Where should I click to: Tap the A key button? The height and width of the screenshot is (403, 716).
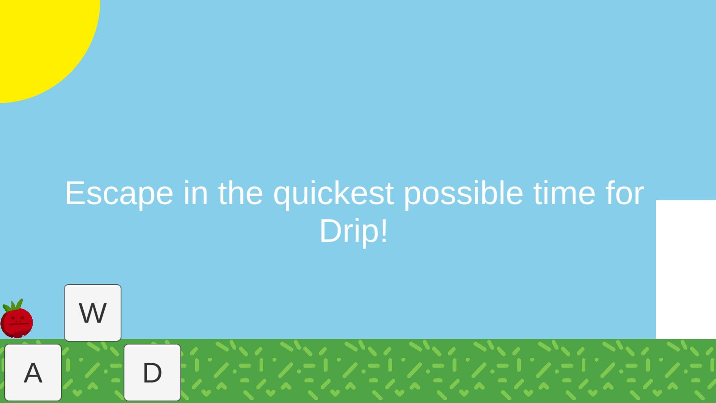coord(33,373)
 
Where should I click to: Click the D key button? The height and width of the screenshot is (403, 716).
coord(152,373)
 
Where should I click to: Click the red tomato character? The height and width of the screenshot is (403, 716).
coord(17,318)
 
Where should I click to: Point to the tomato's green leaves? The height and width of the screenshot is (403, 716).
coord(13,305)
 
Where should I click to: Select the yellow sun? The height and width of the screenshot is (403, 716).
coord(45,45)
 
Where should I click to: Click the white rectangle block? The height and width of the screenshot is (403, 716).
coord(686,269)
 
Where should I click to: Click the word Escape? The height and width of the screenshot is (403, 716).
coord(119,194)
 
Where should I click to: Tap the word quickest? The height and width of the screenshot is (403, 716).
coord(333,194)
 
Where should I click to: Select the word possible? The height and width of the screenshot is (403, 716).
coord(464,194)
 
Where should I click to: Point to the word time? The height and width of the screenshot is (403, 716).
coord(564,193)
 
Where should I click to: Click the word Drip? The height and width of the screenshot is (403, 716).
coord(354,231)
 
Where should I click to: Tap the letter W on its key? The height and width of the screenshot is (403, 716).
coord(93,313)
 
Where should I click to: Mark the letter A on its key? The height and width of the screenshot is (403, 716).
coord(33,373)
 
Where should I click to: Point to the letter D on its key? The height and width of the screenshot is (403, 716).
coord(152,373)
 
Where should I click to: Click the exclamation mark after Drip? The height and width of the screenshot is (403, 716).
coord(384,230)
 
